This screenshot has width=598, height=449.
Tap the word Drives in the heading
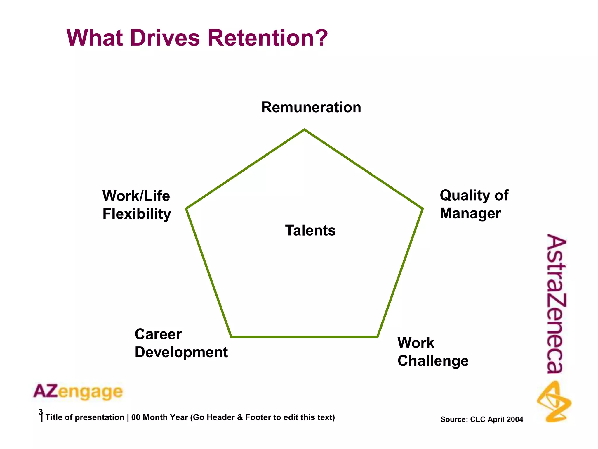tap(165, 38)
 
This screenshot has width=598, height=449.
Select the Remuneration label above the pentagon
tap(311, 107)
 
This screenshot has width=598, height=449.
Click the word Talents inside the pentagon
tap(310, 230)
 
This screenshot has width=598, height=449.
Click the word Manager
tap(470, 213)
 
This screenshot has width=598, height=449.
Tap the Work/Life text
tap(136, 196)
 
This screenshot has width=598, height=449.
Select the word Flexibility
tap(137, 214)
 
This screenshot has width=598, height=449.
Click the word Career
tap(158, 334)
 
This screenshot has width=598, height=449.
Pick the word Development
tap(181, 352)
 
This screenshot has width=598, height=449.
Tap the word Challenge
tap(433, 361)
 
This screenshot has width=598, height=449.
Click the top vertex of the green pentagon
tap(304, 129)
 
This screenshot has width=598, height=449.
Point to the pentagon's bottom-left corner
tap(231, 337)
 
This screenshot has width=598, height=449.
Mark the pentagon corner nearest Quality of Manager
tap(422, 209)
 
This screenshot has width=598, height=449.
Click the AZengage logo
tap(78, 392)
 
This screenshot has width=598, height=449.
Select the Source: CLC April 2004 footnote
tap(481, 419)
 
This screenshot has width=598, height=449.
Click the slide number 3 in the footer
tap(41, 412)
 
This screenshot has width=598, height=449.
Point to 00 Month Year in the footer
tap(159, 417)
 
